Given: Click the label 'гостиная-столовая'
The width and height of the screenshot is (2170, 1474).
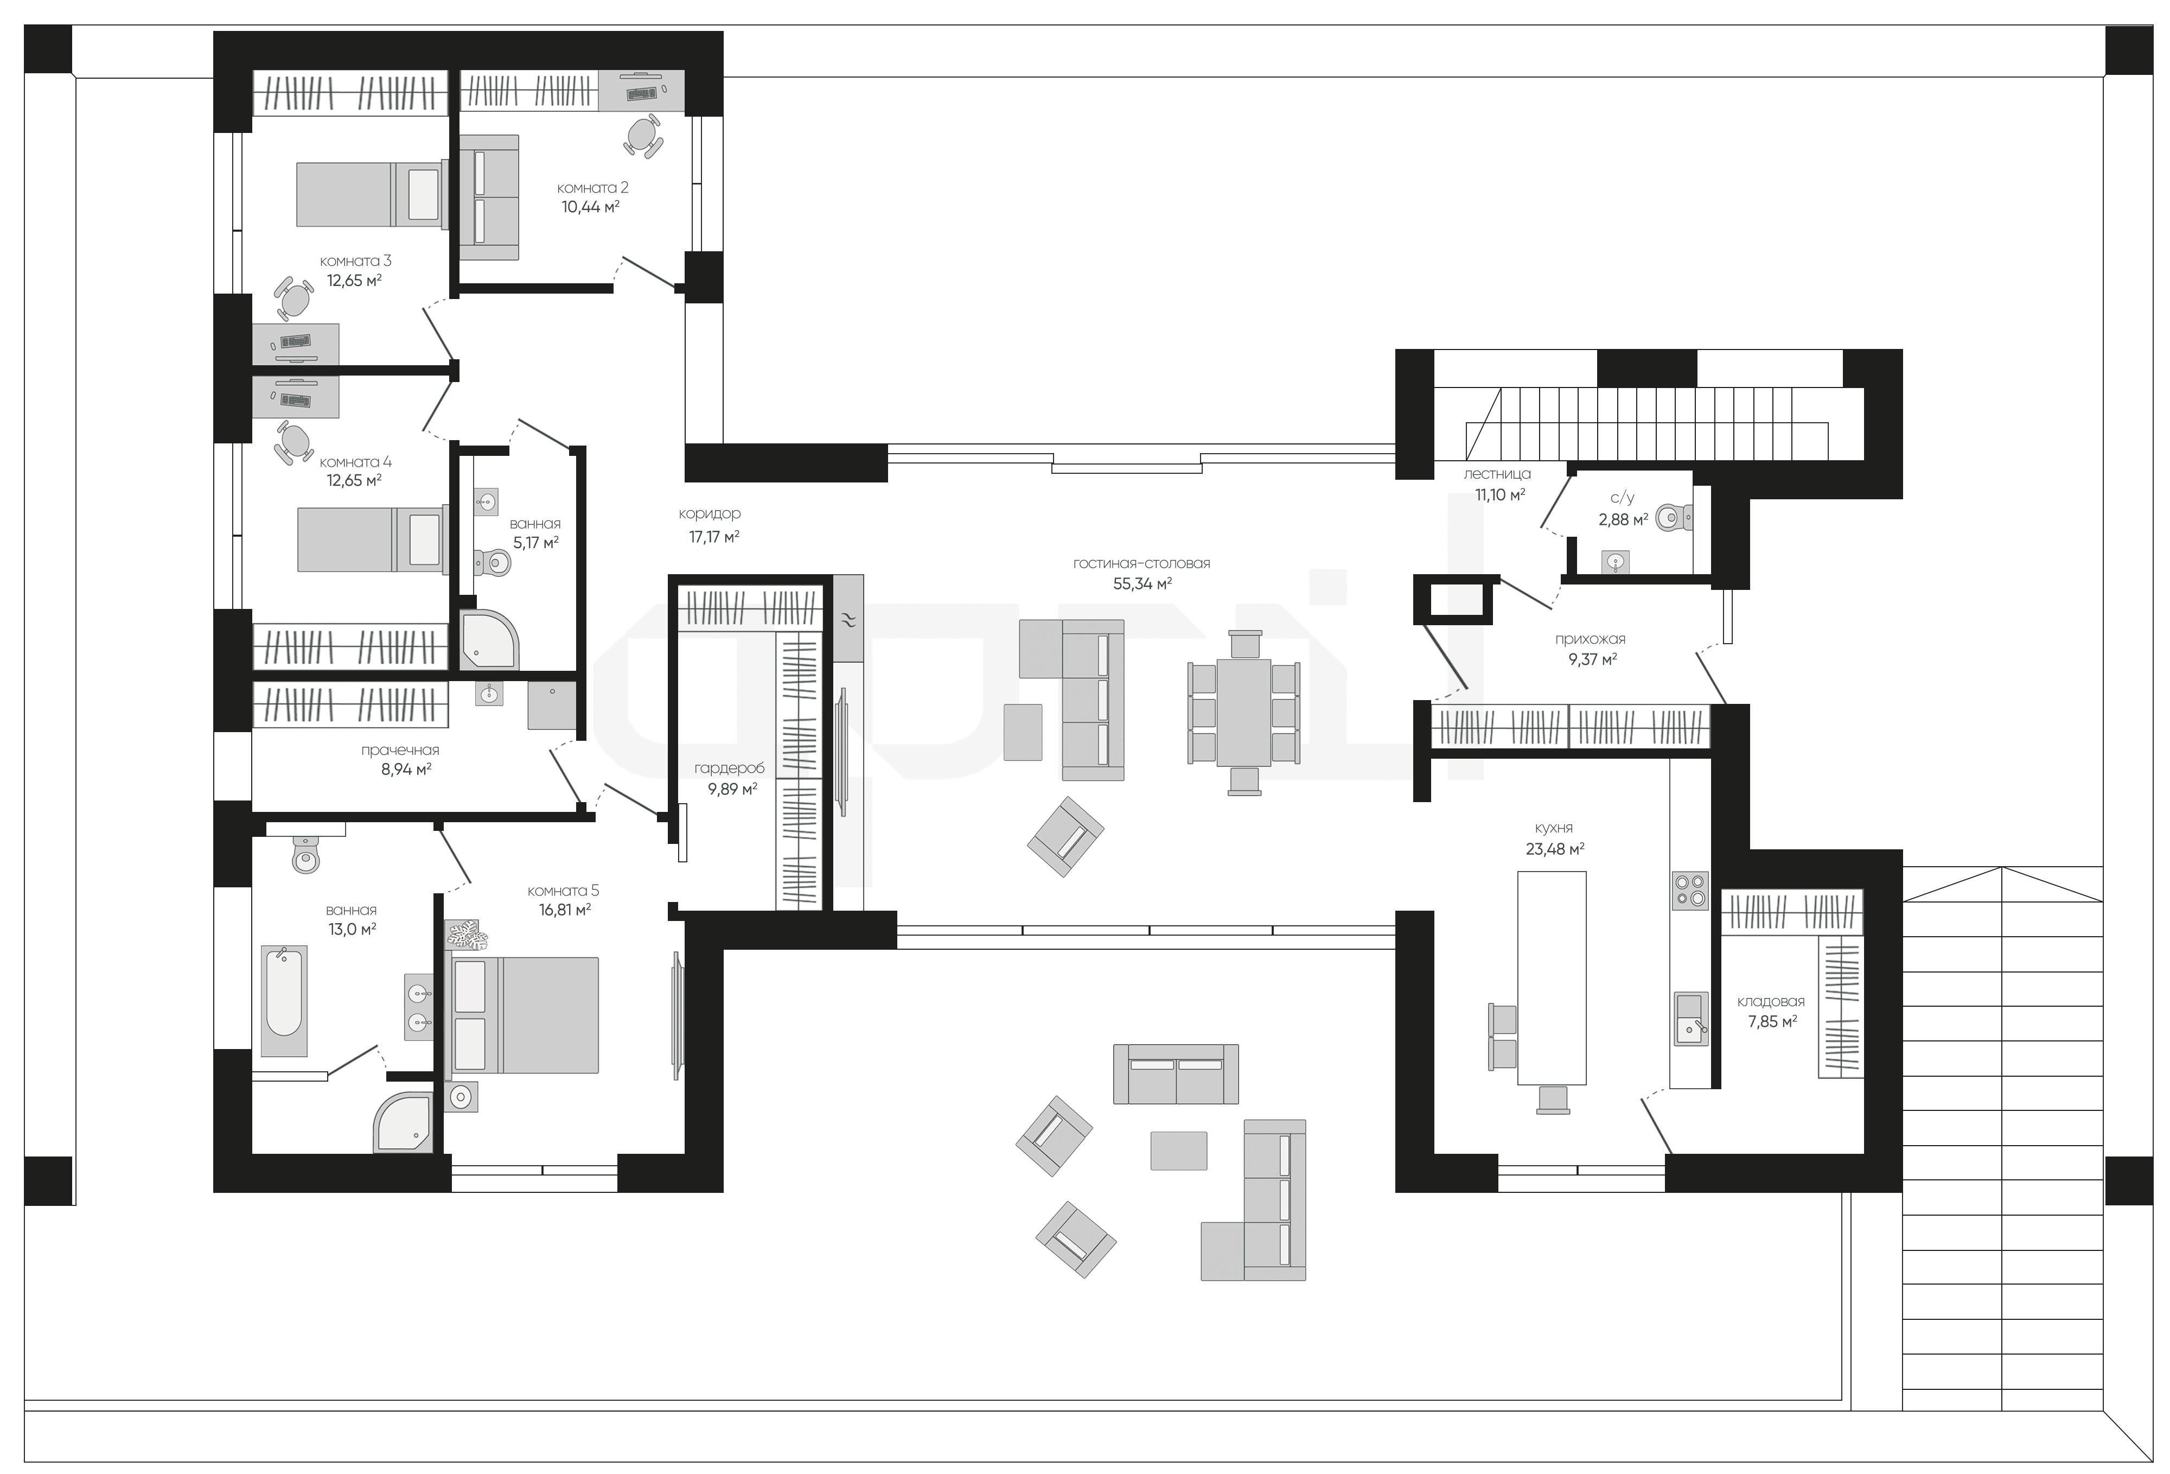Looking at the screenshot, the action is point(1141,563).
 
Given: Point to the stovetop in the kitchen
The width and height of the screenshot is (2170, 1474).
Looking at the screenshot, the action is point(1689,890).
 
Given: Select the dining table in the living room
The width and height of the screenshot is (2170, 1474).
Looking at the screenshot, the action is point(1244,713).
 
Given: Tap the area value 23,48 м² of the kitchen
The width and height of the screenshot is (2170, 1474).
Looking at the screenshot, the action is point(1554,849).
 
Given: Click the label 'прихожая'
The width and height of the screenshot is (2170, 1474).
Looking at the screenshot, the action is point(1590,639).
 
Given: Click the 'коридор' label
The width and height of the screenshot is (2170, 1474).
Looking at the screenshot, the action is point(710,514).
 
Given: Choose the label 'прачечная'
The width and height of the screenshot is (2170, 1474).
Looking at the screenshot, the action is point(400,750).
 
